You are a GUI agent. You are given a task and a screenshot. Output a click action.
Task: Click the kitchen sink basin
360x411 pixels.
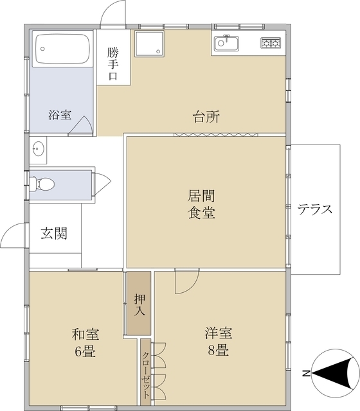tap(226, 43)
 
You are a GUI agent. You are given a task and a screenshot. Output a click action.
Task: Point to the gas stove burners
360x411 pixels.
tap(271, 43)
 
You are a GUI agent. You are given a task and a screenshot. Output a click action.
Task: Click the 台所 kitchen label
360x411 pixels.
tap(206, 117)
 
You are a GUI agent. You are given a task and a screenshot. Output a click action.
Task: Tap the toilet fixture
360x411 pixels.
tap(44, 183)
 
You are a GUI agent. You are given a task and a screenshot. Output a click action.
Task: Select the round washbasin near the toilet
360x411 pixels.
tap(37, 149)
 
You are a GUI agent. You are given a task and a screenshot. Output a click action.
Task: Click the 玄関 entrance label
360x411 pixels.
tap(54, 233)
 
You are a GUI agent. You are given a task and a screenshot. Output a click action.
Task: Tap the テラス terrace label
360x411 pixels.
tap(315, 209)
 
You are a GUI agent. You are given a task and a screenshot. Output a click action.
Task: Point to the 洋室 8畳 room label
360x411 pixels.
tap(219, 342)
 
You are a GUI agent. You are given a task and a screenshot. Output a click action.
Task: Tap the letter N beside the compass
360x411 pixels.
tap(307, 373)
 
